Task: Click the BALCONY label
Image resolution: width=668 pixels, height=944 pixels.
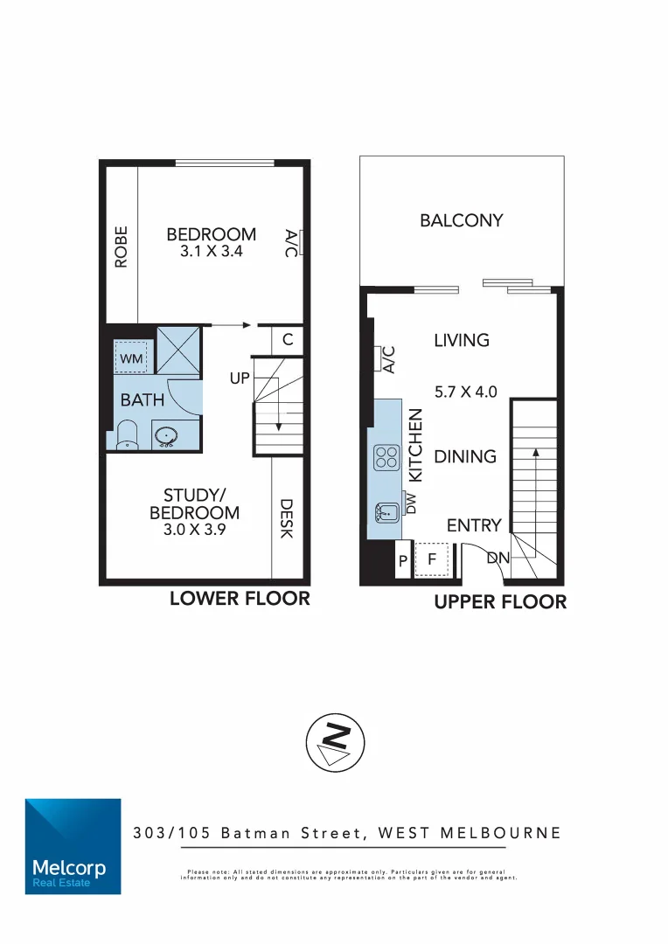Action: pos(462,220)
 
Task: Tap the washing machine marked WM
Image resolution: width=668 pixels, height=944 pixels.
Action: pos(131,358)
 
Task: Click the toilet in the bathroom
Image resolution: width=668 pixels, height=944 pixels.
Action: pos(128,434)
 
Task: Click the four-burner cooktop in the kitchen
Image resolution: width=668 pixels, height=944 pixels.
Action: pos(386,457)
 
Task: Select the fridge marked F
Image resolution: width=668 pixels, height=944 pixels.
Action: pos(431,560)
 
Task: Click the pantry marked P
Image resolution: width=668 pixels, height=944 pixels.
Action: pos(403,561)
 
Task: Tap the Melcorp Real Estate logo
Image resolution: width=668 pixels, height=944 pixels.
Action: pos(73,846)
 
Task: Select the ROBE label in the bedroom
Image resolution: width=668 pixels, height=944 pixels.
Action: pos(121,246)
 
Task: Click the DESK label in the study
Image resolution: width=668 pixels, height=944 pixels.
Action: pos(286,518)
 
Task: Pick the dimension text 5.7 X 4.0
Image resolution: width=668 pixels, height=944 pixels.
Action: pos(465,392)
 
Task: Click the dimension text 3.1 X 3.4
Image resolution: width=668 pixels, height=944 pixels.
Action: pos(212,251)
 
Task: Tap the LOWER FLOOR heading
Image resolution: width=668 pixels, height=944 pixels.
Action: pos(240,599)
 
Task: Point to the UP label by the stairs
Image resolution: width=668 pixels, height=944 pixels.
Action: pos(240,378)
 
